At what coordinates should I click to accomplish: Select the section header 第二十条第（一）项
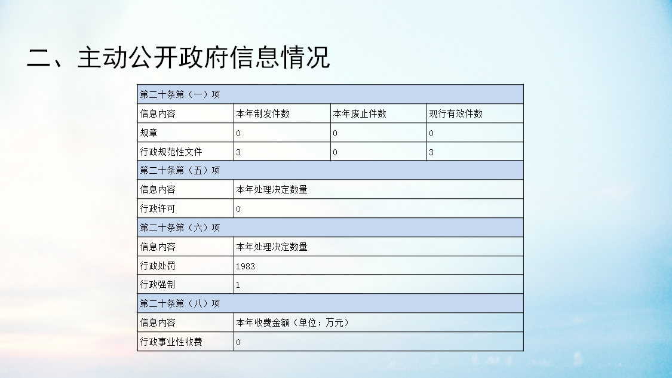pos(180,95)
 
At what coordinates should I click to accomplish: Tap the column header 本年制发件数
pos(263,113)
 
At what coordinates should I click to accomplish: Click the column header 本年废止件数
pos(360,113)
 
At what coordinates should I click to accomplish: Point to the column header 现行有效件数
pos(456,113)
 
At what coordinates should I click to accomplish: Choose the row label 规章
pos(149,133)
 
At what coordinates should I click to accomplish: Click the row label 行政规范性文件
pos(171,152)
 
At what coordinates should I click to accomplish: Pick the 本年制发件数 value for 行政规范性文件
pos(238,152)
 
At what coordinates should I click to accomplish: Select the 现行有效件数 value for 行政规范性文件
pos(431,152)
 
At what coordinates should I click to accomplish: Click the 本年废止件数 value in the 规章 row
pos(335,133)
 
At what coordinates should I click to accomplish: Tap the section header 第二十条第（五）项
pos(180,171)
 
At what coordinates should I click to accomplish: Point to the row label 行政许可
pos(158,209)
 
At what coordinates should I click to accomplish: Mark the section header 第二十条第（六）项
pos(180,228)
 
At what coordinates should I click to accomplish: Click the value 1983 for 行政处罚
pos(245,266)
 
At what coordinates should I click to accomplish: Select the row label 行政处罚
pos(158,266)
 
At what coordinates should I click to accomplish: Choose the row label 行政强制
pos(158,285)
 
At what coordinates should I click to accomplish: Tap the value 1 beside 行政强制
pos(238,285)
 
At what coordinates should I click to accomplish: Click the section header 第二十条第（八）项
pos(180,303)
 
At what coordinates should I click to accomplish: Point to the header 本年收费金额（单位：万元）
pos(293,322)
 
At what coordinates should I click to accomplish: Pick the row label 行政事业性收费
pos(171,342)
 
